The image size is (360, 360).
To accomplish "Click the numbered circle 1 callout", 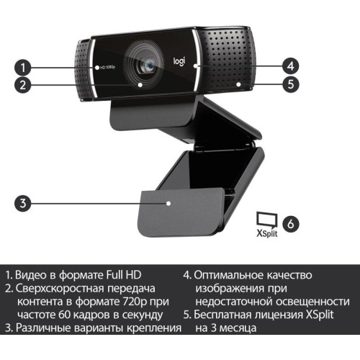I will (x=23, y=68).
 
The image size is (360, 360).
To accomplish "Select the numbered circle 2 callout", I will (x=23, y=84).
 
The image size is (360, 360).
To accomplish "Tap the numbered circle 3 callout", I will (x=23, y=203).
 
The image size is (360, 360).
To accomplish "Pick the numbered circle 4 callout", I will (x=290, y=63).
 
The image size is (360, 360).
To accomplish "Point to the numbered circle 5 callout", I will (x=290, y=84).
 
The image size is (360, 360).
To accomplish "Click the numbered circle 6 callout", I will (x=290, y=223).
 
